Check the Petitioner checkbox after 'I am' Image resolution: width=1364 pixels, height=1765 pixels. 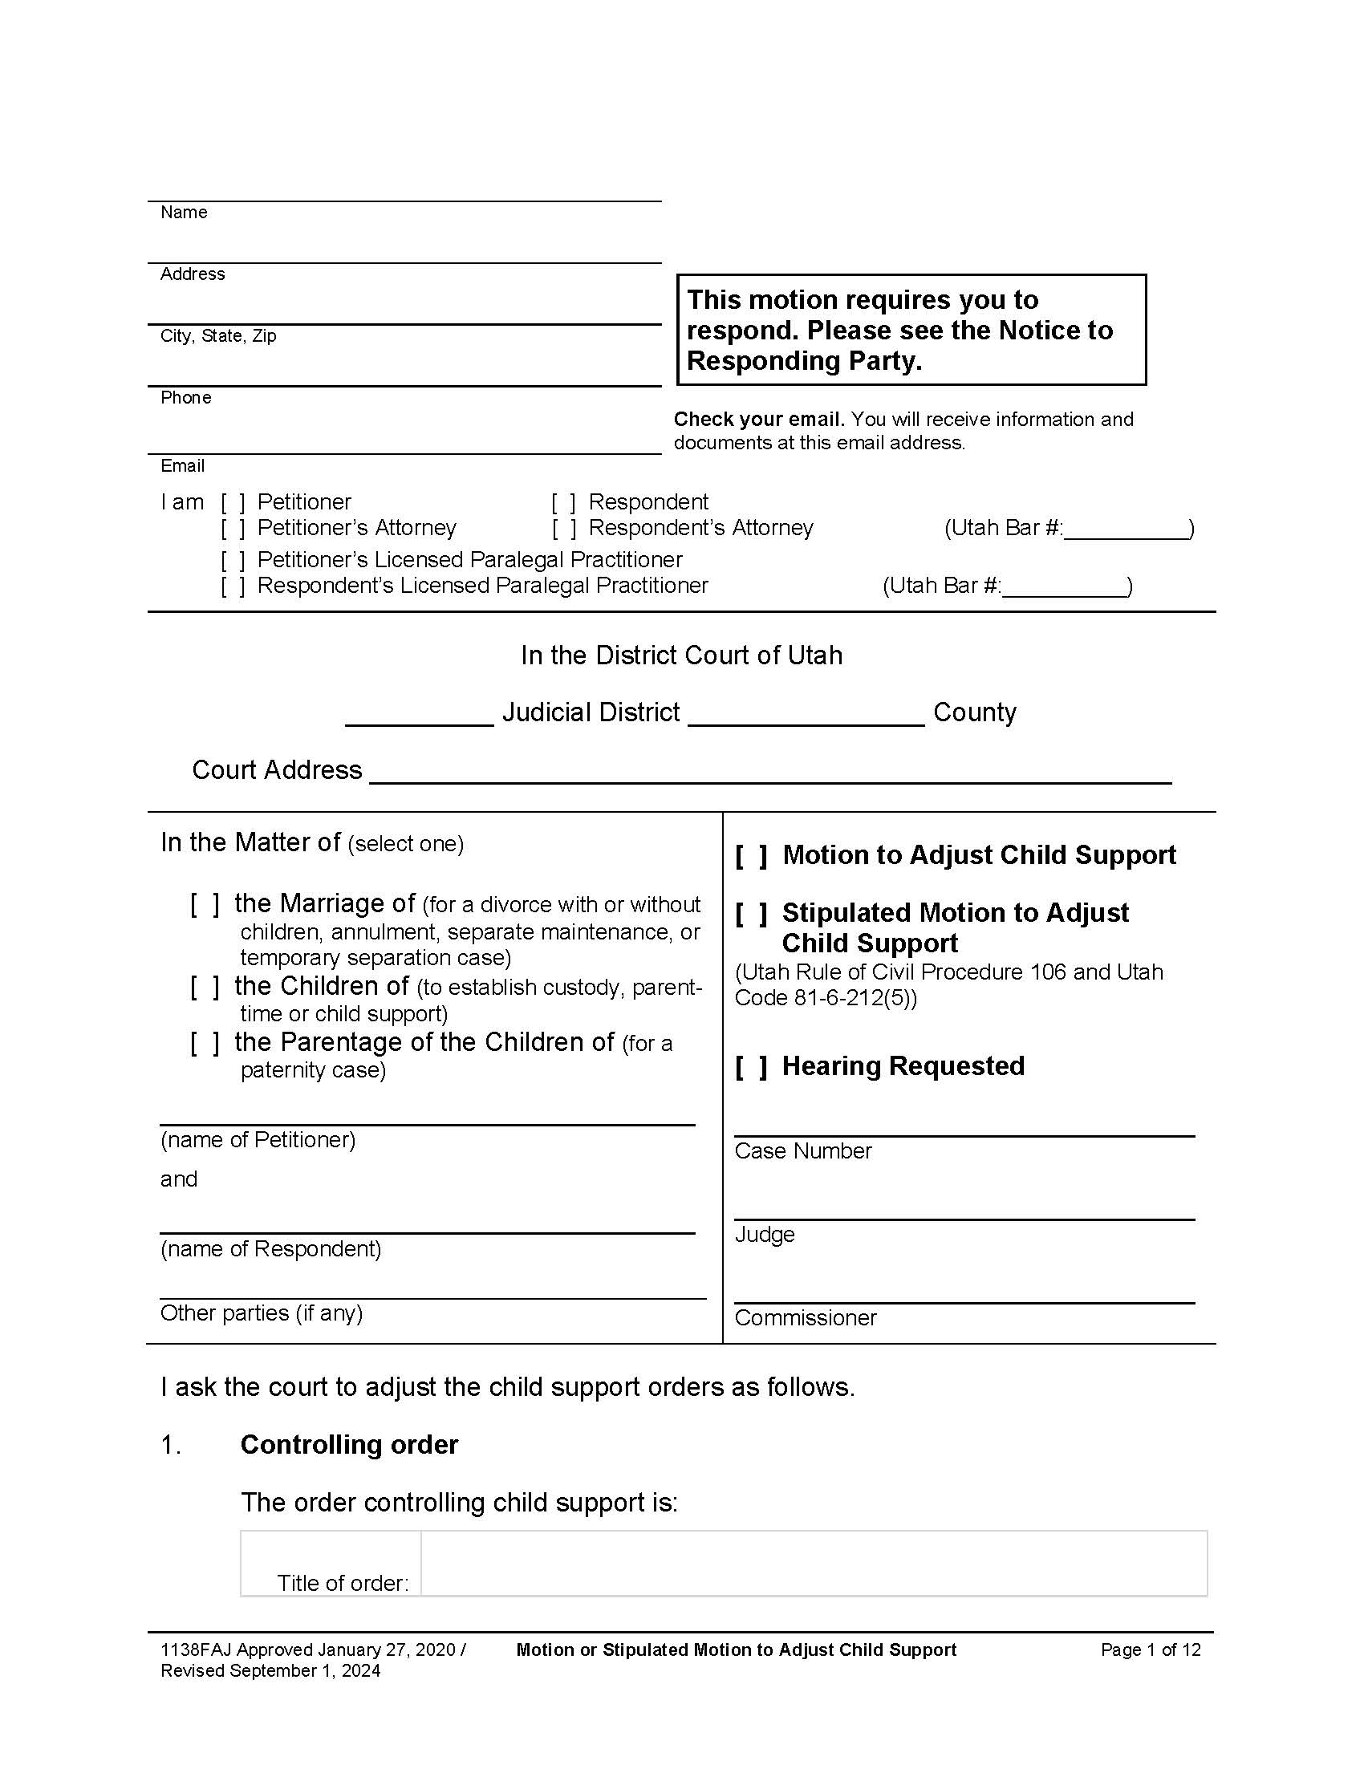pyautogui.click(x=233, y=503)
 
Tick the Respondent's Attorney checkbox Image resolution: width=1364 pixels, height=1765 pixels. pyautogui.click(x=564, y=529)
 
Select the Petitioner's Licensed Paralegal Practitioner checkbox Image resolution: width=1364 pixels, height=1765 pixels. pyautogui.click(x=233, y=560)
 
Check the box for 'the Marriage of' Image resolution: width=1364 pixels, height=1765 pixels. pyautogui.click(x=205, y=903)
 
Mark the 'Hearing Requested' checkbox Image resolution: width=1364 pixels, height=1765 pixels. pyautogui.click(x=751, y=1067)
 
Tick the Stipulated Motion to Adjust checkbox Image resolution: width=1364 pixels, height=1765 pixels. pyautogui.click(x=751, y=913)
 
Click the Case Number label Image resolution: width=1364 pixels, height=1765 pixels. pyautogui.click(x=802, y=1150)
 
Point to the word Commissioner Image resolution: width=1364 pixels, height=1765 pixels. pyautogui.click(x=805, y=1318)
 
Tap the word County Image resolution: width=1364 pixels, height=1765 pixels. pyautogui.click(x=974, y=712)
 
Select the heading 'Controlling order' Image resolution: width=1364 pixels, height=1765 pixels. pyautogui.click(x=349, y=1445)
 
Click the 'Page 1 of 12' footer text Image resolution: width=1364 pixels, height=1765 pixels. pyautogui.click(x=1150, y=1650)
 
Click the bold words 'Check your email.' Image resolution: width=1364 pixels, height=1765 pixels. pyautogui.click(x=759, y=420)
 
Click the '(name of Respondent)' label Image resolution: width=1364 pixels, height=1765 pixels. pyautogui.click(x=270, y=1249)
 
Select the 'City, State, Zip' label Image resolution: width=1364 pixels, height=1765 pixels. pyautogui.click(x=218, y=336)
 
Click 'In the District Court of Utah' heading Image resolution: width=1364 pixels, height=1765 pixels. pyautogui.click(x=681, y=655)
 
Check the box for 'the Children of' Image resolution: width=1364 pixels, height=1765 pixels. pyautogui.click(x=205, y=987)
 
